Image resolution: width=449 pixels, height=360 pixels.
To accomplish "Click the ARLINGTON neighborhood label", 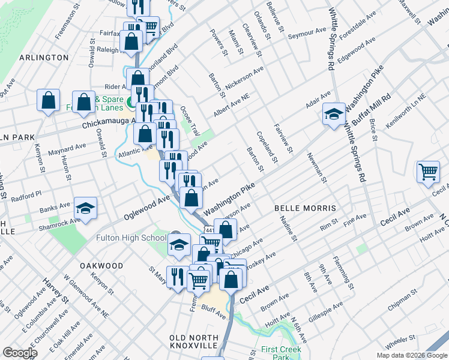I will click(x=44, y=57).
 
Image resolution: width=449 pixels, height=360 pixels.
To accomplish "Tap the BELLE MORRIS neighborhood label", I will click(x=305, y=208).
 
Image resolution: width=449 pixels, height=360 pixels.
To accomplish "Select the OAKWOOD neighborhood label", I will click(x=101, y=265).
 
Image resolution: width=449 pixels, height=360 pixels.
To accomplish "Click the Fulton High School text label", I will click(x=131, y=238).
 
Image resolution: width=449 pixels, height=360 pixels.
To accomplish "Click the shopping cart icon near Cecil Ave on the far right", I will click(x=428, y=172).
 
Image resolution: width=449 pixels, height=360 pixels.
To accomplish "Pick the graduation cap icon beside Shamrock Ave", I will click(x=85, y=208).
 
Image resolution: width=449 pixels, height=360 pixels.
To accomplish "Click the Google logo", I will click(x=20, y=353).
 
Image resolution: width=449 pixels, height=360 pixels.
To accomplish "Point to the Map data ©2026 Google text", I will click(x=411, y=355).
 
